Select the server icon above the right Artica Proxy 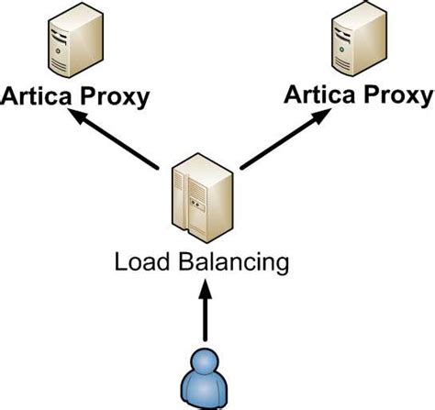tap(356, 41)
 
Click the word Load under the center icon tap(139, 262)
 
